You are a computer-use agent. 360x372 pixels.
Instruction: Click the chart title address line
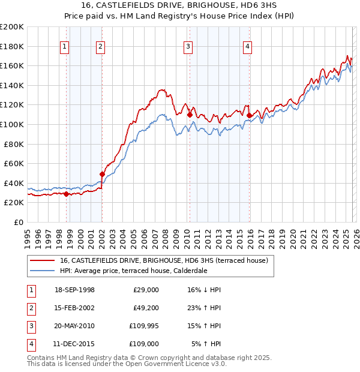click(x=179, y=6)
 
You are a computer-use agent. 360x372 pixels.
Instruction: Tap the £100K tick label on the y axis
click(x=12, y=124)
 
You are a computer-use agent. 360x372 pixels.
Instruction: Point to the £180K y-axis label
click(x=12, y=46)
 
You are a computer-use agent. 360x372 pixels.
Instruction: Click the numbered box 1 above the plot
click(x=65, y=47)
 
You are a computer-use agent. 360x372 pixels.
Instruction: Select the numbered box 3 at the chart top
click(x=188, y=47)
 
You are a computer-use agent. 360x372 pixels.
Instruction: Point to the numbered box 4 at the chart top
click(x=247, y=47)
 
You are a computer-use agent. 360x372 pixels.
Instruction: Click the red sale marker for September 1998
click(x=66, y=194)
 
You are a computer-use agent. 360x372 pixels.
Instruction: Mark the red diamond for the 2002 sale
click(x=102, y=174)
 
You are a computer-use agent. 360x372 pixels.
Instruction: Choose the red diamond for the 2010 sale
click(x=190, y=115)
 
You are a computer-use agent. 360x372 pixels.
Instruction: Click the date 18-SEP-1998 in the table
click(x=74, y=290)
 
